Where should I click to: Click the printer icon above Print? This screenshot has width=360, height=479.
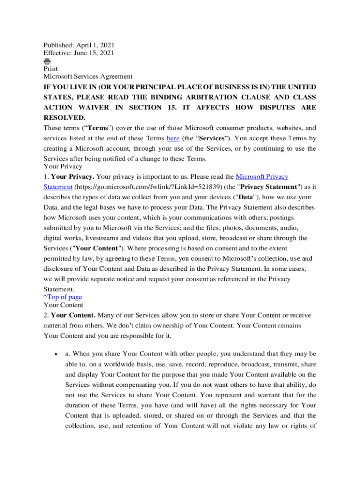[47, 61]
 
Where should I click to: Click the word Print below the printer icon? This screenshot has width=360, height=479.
[50, 69]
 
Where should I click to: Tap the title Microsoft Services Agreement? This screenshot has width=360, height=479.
[88, 76]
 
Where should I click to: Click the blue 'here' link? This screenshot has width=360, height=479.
[173, 138]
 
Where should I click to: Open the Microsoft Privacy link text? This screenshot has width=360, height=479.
[262, 176]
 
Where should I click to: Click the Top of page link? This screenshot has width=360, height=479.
[65, 297]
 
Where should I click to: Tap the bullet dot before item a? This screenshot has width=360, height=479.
[56, 355]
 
